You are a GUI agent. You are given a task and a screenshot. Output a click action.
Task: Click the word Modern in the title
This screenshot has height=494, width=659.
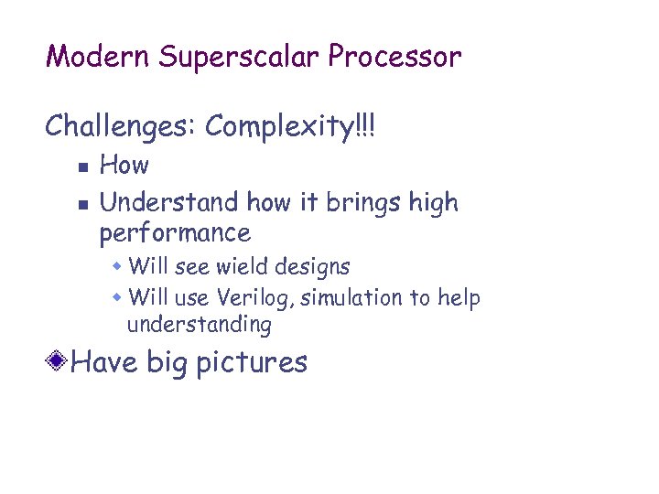98,57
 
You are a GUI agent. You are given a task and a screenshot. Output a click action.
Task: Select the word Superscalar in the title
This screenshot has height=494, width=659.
239,57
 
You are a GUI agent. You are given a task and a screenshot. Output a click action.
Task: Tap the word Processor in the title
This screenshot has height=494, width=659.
395,57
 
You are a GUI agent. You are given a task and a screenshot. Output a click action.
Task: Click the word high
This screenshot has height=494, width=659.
434,202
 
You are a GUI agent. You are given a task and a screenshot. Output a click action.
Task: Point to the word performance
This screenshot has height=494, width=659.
174,233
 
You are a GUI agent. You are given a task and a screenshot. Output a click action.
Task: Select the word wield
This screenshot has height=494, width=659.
240,267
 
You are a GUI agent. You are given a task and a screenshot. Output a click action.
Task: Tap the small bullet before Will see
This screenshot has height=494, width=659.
118,267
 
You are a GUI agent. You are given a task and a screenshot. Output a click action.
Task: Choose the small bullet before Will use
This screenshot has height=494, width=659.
118,298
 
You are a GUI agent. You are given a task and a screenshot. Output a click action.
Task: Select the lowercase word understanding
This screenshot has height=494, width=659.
200,325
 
